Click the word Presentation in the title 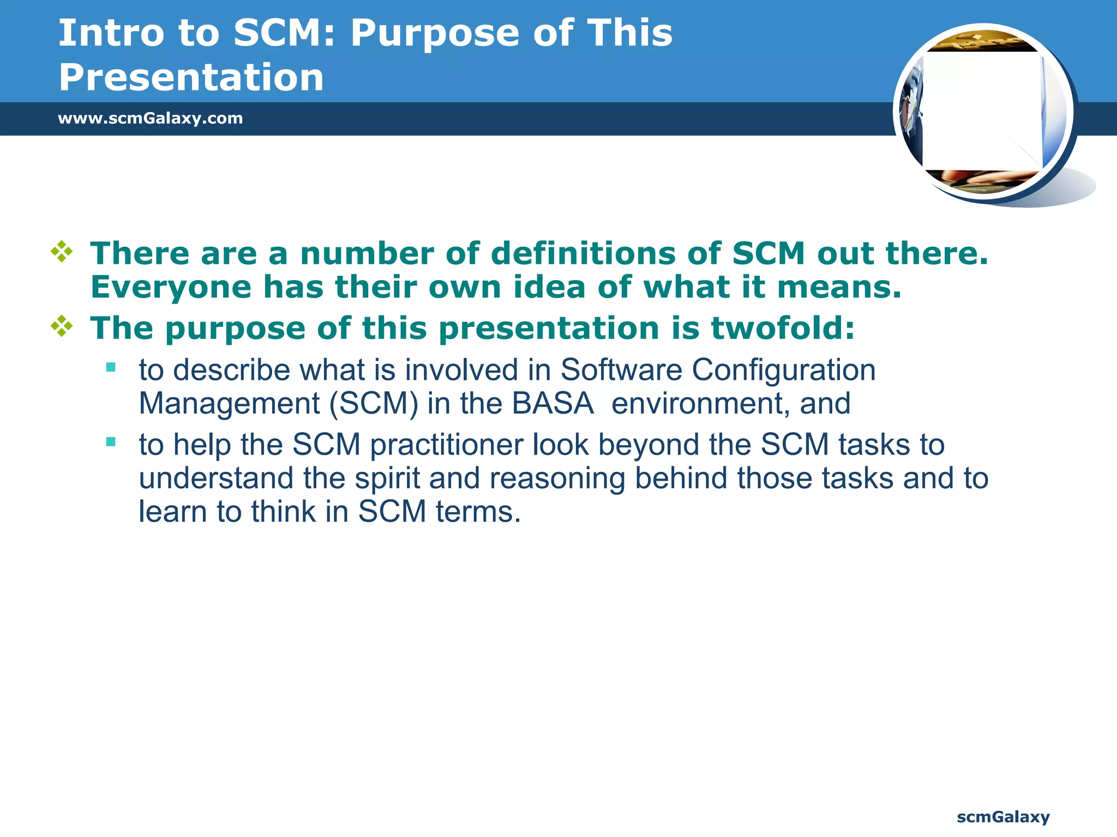(191, 77)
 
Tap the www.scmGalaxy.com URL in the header (150, 118)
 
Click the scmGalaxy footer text (1003, 817)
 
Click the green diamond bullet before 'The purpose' (62, 326)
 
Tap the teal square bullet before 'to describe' (111, 367)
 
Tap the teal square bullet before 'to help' (111, 442)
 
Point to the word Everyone (171, 287)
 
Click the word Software (621, 370)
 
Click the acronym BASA (552, 404)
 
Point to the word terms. (478, 512)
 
